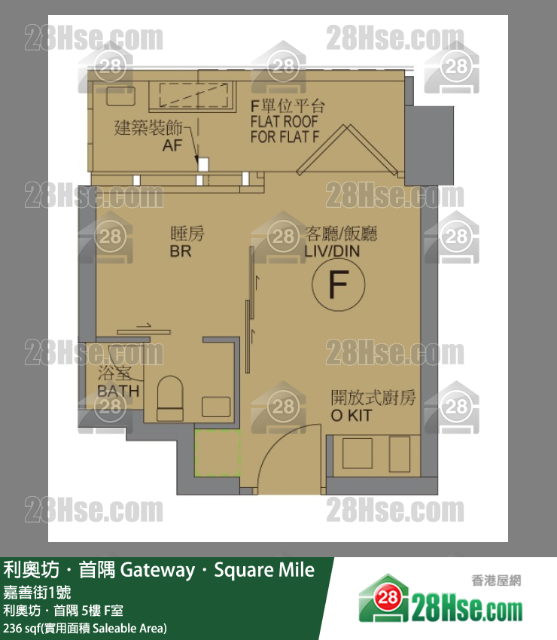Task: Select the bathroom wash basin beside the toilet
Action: tap(217, 406)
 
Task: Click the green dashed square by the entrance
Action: tap(216, 453)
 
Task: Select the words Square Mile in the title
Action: tap(264, 570)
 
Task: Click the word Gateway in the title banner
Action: tap(157, 570)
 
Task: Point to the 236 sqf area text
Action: tap(85, 628)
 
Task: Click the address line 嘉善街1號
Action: tap(34, 592)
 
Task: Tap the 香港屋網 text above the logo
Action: tap(496, 581)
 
